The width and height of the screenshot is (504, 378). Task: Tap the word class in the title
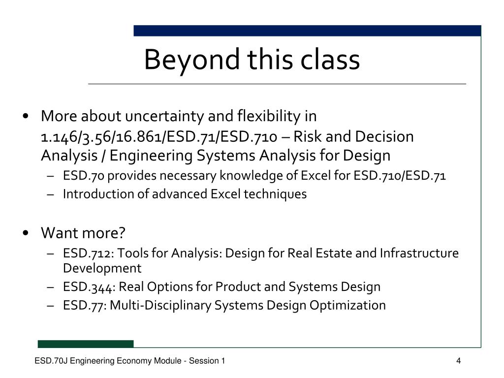click(330, 59)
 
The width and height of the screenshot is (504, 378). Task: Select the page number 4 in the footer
click(459, 361)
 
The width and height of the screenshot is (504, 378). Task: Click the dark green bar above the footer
click(86, 344)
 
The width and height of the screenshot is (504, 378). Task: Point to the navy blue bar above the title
click(307, 31)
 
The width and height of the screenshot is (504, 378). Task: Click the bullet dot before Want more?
click(26, 233)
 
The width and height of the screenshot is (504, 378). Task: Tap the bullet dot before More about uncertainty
click(26, 116)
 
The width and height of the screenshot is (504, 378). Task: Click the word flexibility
click(269, 116)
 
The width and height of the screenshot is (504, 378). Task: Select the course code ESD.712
click(87, 253)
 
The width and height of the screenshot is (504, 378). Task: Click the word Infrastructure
click(419, 253)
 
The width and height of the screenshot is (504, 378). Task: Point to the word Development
click(102, 269)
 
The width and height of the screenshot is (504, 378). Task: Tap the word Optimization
click(347, 305)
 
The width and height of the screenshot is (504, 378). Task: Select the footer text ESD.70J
click(51, 361)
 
